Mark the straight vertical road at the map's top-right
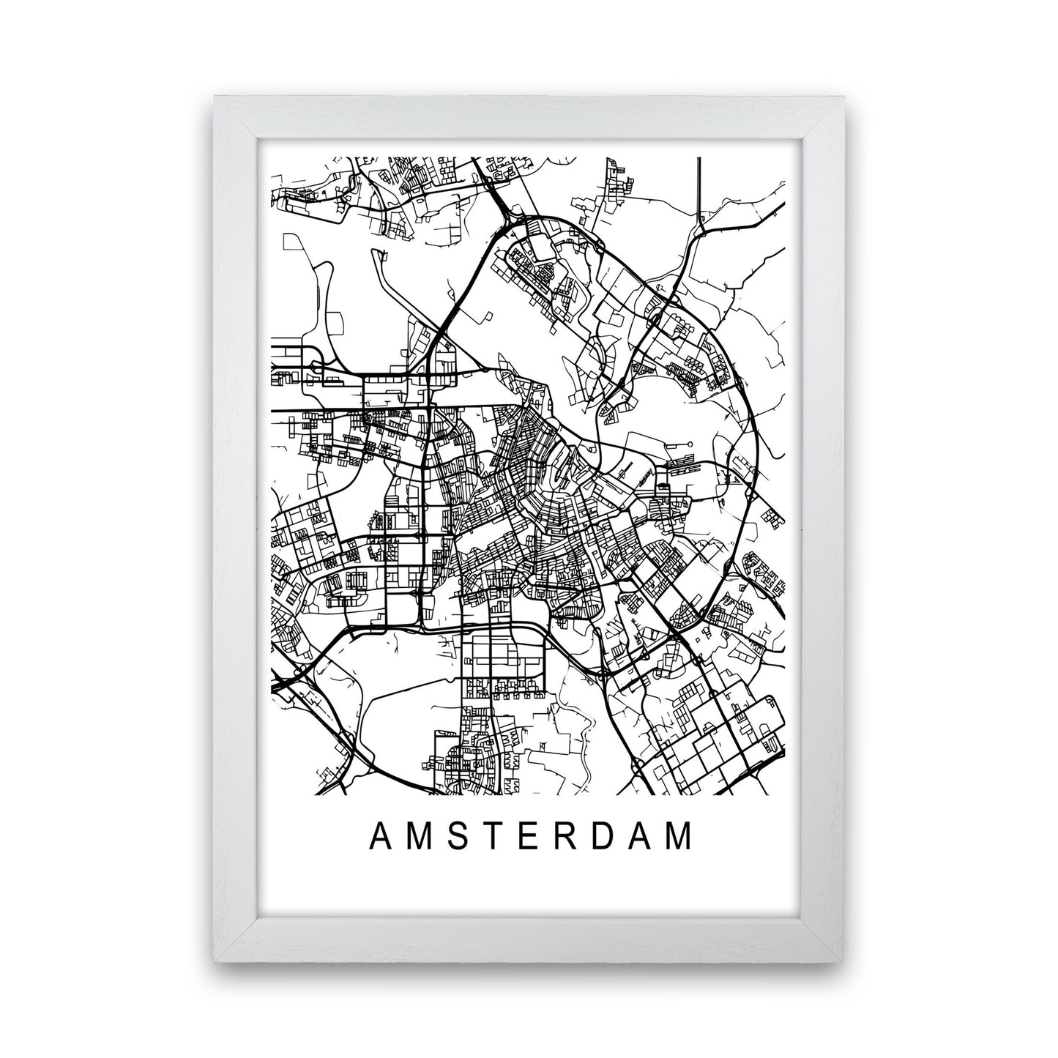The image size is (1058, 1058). click(x=700, y=190)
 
